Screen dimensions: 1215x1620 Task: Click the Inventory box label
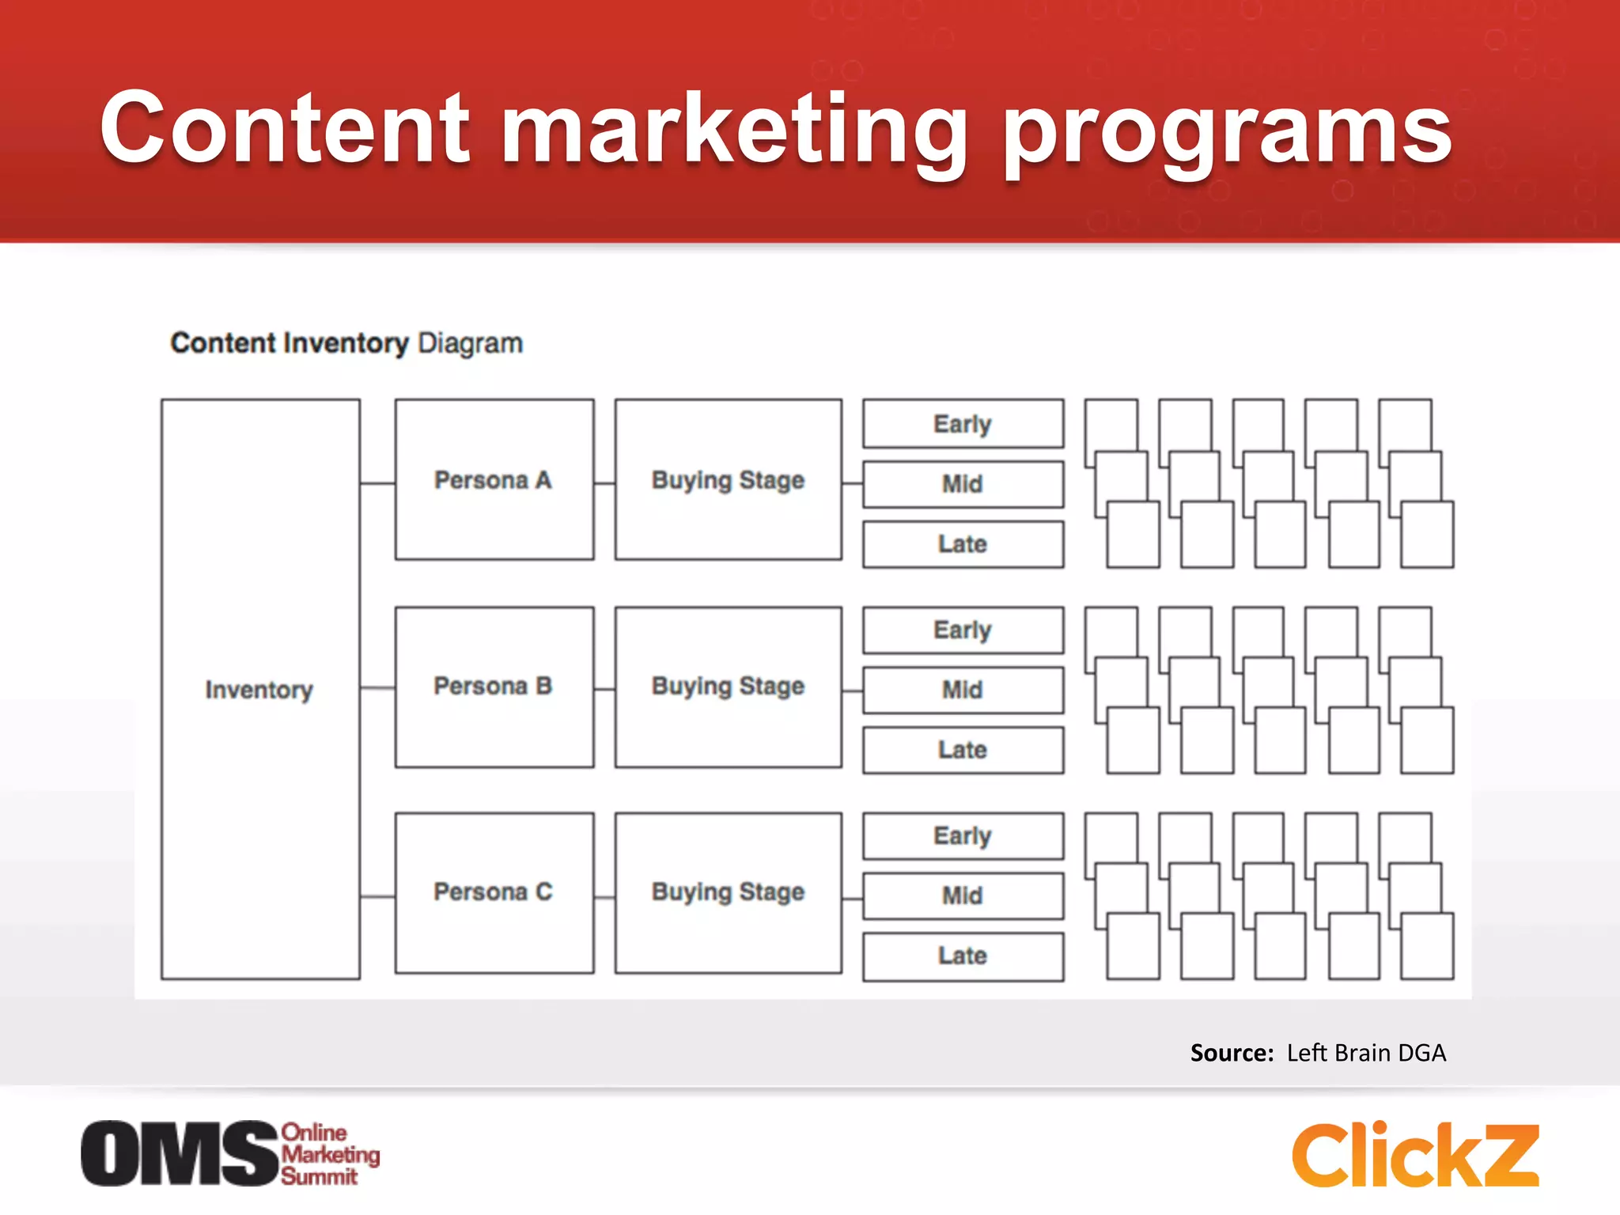(x=259, y=690)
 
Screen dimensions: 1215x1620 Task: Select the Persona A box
(x=494, y=480)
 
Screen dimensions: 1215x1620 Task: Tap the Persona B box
(x=494, y=687)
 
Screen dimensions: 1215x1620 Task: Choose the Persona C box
(x=494, y=892)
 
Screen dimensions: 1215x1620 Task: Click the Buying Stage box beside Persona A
(x=728, y=480)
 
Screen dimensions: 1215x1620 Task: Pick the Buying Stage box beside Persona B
(x=728, y=687)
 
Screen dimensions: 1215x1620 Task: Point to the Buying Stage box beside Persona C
(x=728, y=892)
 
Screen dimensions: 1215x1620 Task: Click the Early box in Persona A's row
(x=963, y=424)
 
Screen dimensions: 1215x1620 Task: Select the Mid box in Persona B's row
(x=963, y=690)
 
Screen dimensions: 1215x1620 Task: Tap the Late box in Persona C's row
(x=963, y=956)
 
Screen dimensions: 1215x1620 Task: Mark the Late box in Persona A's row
(x=963, y=544)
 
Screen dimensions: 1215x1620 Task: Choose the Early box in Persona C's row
(x=963, y=836)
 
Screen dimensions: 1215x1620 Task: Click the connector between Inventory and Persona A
(x=377, y=483)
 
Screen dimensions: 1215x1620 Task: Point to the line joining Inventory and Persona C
(x=377, y=897)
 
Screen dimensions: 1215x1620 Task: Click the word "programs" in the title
(x=1227, y=131)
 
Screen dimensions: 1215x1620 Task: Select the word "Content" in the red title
(x=285, y=127)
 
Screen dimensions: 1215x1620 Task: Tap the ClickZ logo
(x=1415, y=1155)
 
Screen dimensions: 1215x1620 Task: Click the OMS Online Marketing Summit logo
(x=229, y=1153)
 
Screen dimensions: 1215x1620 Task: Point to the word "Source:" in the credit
(x=1232, y=1053)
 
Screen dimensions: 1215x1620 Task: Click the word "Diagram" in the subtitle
(x=470, y=343)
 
